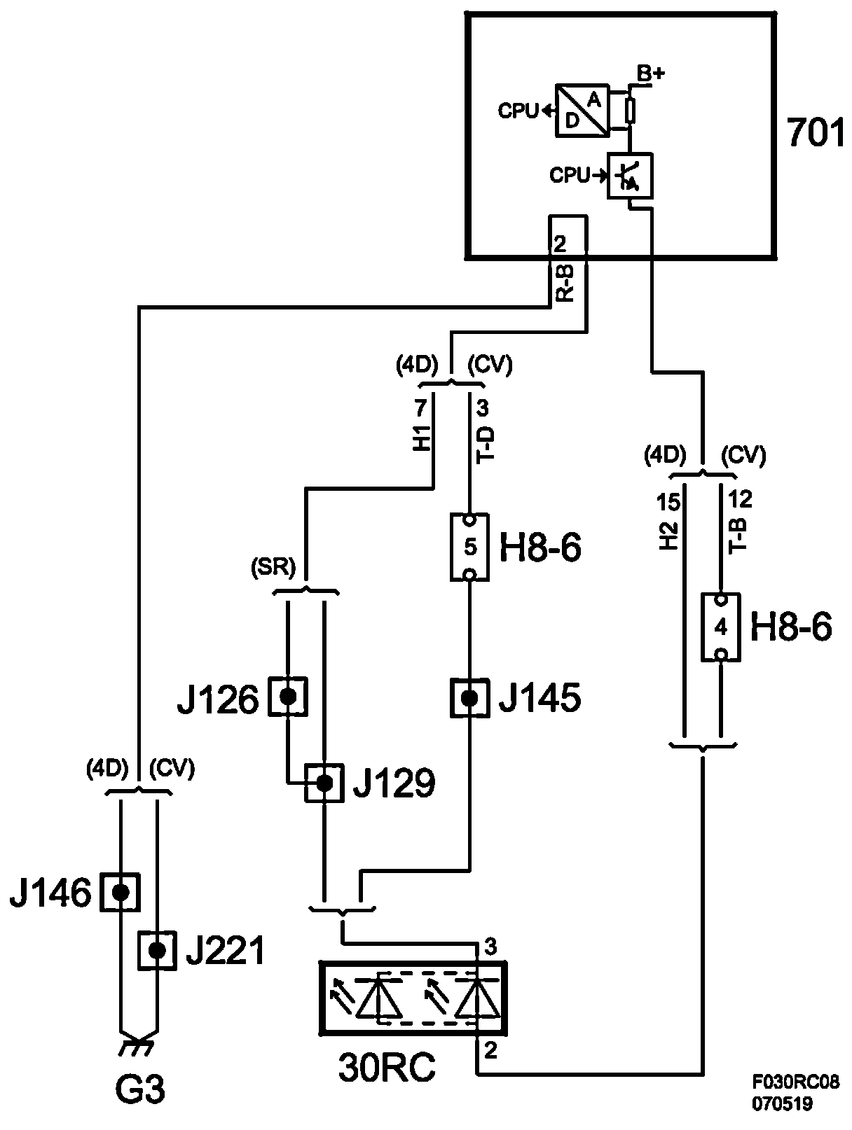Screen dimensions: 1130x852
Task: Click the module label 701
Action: click(x=815, y=133)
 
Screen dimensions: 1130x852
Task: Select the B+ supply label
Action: click(x=650, y=73)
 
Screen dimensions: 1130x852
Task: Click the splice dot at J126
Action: click(x=287, y=697)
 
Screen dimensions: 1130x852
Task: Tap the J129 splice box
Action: click(x=324, y=783)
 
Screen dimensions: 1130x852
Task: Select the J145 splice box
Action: click(x=469, y=698)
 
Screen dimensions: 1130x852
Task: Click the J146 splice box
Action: click(x=121, y=892)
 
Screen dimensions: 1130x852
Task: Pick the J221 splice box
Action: click(x=157, y=950)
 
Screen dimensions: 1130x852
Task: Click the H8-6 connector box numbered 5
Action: click(x=469, y=547)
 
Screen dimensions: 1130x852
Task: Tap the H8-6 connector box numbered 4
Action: click(x=720, y=627)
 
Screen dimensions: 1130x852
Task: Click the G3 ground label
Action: click(x=140, y=1091)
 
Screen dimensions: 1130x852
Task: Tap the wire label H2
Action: click(x=668, y=536)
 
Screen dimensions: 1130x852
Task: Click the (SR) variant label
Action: click(x=273, y=566)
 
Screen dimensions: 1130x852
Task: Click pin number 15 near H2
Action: click(x=668, y=501)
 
